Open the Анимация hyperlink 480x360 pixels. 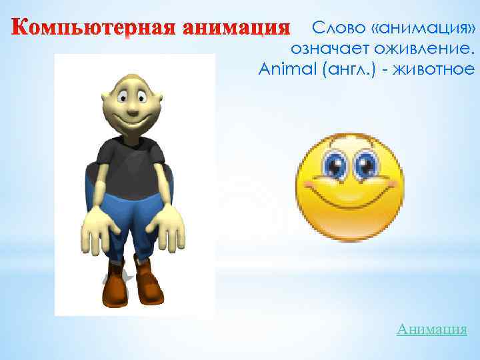tap(431, 329)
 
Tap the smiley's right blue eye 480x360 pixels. tap(365, 164)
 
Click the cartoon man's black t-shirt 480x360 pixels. tap(131, 163)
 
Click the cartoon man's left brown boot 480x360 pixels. tap(117, 287)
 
